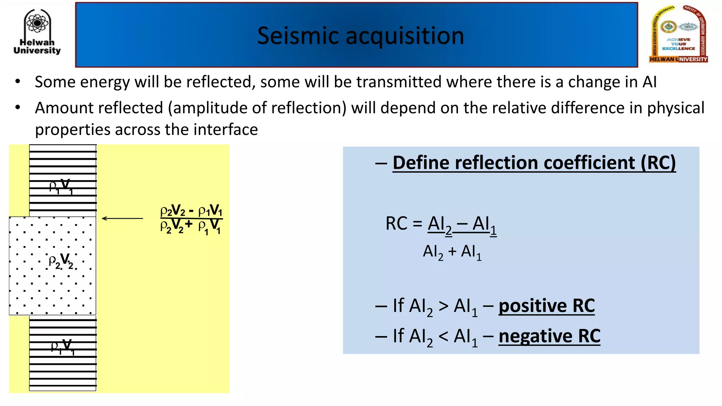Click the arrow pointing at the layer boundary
122,219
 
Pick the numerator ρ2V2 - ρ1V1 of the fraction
191,211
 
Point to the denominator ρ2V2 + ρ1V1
191,227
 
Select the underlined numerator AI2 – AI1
462,225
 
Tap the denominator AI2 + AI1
452,252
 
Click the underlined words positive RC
546,306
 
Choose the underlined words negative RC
549,336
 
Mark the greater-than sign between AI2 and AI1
443,306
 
